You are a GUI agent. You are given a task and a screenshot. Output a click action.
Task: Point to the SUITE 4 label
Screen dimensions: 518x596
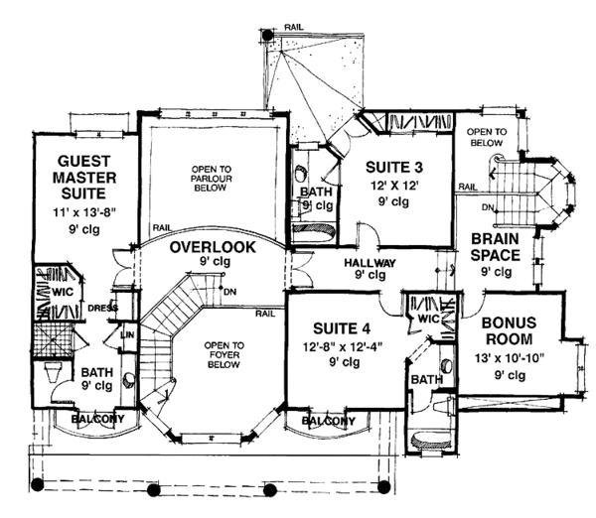(340, 327)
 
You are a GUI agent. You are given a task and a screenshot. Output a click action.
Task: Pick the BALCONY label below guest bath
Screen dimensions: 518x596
(98, 420)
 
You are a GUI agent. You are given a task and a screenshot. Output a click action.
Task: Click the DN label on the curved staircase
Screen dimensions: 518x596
(230, 291)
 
